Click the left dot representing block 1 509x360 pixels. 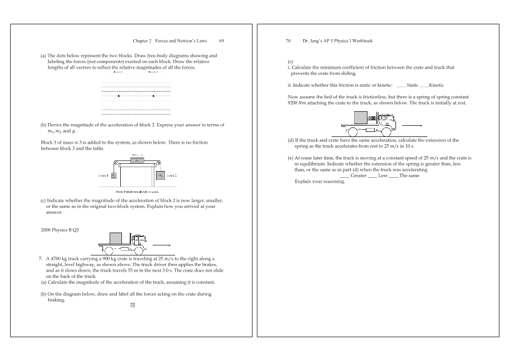(x=119, y=96)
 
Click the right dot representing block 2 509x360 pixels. (x=153, y=96)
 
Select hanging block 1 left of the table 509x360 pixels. (x=114, y=175)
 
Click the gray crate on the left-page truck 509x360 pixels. (x=116, y=238)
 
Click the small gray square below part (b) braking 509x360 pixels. (x=133, y=305)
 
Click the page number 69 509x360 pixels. (x=221, y=41)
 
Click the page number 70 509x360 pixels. (x=288, y=41)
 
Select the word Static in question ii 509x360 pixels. (x=413, y=85)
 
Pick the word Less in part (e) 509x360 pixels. (x=383, y=176)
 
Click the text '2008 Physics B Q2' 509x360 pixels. (x=59, y=230)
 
